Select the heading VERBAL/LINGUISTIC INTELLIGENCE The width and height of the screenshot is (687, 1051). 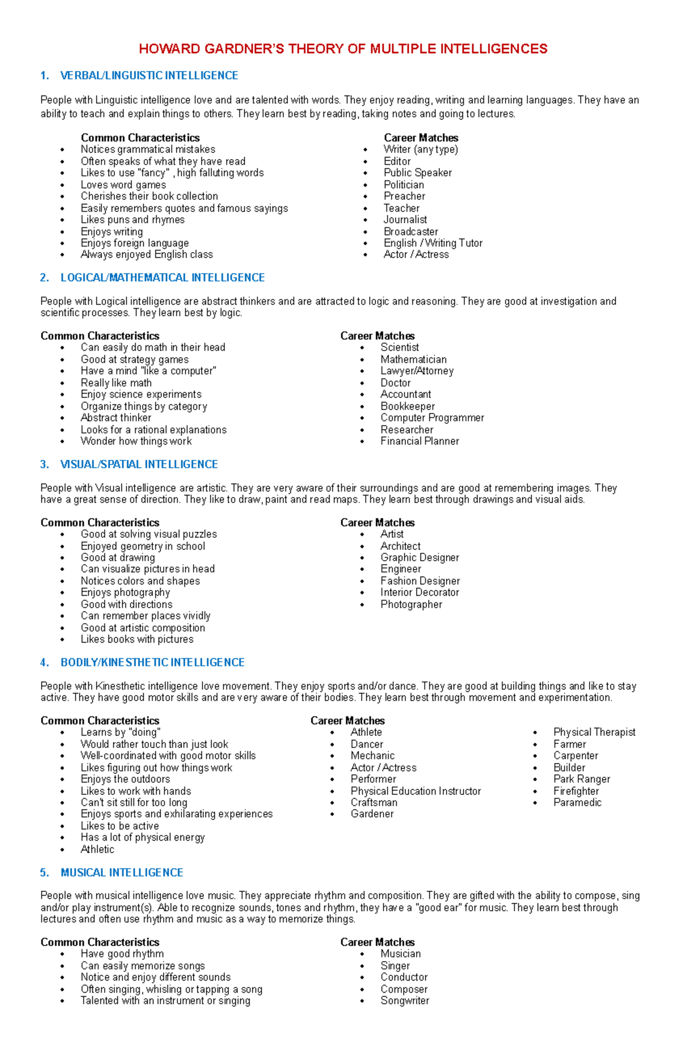149,76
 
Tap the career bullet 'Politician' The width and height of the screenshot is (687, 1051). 404,184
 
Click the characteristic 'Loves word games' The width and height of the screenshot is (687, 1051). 123,184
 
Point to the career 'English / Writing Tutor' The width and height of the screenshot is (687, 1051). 433,243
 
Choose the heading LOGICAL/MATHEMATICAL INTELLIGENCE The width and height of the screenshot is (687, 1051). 162,278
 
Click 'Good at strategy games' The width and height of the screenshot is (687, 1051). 135,359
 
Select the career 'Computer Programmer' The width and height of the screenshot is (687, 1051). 432,418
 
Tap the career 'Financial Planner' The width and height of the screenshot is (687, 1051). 420,441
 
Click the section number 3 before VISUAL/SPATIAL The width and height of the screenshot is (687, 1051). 44,465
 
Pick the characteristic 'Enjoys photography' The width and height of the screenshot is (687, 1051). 125,592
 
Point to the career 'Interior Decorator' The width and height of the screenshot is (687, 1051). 420,592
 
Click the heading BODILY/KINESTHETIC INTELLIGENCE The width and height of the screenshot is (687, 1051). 152,663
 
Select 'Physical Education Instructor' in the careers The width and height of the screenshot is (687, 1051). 416,791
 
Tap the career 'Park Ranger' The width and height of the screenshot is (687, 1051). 582,779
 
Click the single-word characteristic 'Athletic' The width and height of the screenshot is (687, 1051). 97,849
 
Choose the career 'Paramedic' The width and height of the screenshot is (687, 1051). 577,802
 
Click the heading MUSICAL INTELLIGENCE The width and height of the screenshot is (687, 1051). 121,873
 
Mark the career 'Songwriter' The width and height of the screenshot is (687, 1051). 405,1001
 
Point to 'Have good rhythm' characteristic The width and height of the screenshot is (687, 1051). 122,954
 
